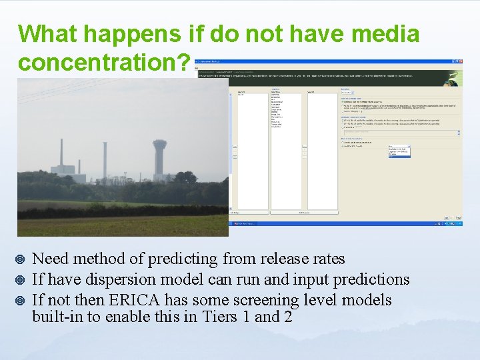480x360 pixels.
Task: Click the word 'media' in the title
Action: (383, 34)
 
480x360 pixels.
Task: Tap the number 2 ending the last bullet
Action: (287, 317)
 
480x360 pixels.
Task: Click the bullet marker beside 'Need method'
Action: (22, 259)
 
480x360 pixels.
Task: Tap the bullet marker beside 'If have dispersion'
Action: (22, 279)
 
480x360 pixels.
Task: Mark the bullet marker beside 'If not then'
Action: (22, 300)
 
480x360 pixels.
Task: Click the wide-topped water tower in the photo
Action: (159, 157)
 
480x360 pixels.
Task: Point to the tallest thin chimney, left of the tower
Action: (104, 160)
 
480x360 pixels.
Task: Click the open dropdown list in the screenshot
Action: (399, 151)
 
